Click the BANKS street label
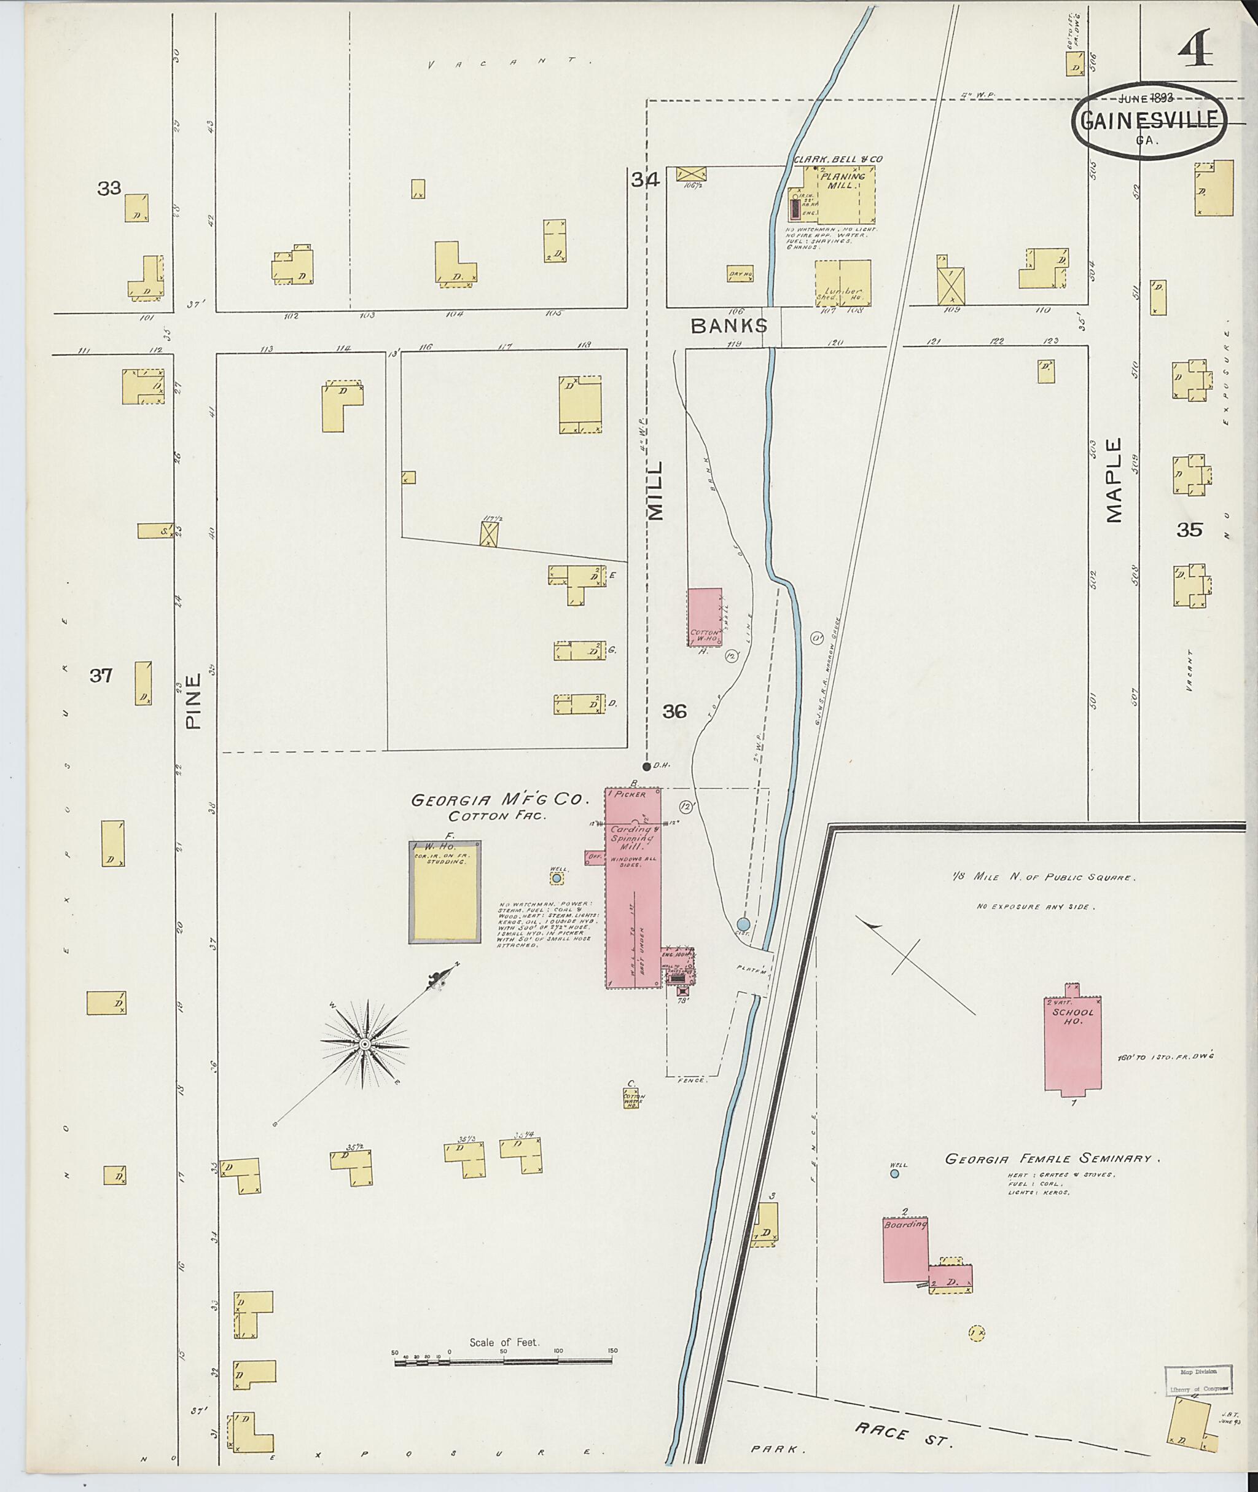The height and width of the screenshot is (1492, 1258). pyautogui.click(x=729, y=326)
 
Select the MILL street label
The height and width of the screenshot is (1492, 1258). pyautogui.click(x=655, y=490)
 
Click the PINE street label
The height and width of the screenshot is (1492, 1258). pyautogui.click(x=193, y=702)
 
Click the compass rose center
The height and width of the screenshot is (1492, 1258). pyautogui.click(x=364, y=1044)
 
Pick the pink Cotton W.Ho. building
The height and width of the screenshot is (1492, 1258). pyautogui.click(x=704, y=617)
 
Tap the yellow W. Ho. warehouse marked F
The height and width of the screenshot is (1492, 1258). pyautogui.click(x=444, y=892)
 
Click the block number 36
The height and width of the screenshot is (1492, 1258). pyautogui.click(x=674, y=711)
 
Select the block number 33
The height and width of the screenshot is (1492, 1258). pyautogui.click(x=110, y=189)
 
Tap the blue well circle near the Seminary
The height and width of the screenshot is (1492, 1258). pyautogui.click(x=894, y=1173)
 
